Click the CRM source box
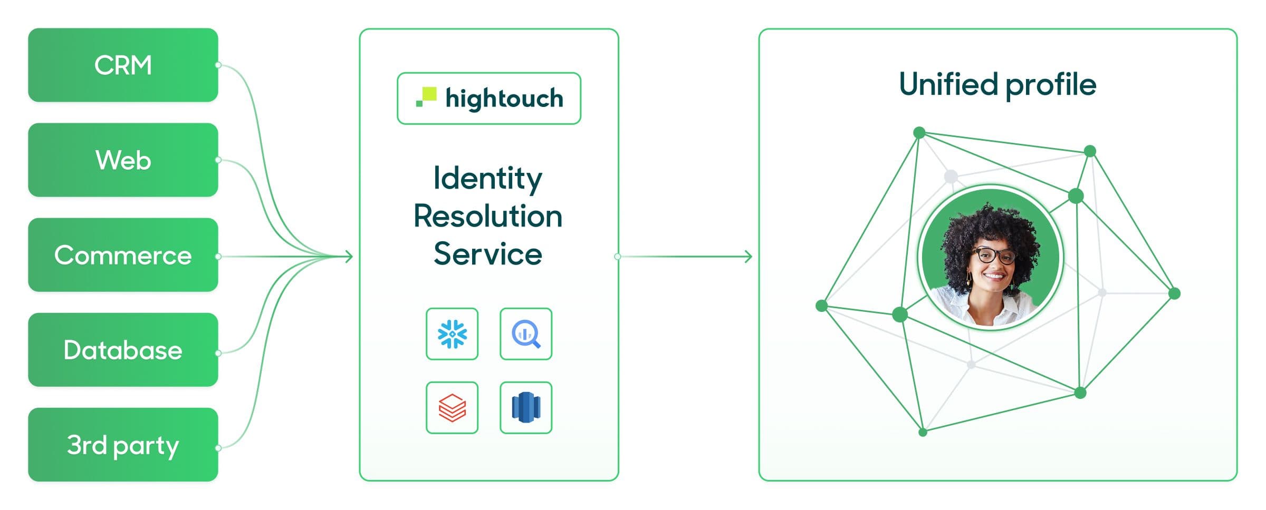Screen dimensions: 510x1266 123,65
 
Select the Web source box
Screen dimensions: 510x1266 123,160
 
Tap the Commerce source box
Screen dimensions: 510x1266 123,255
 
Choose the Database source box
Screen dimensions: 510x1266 123,350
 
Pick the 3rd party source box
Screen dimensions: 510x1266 123,445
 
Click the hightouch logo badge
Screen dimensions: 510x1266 489,99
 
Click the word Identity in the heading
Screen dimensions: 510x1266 487,178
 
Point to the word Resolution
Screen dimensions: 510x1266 488,216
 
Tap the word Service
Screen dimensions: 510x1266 488,254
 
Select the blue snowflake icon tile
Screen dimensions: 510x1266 452,334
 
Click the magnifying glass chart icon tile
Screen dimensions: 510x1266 526,334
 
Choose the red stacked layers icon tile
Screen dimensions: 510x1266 452,408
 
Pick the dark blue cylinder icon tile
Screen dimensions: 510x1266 526,408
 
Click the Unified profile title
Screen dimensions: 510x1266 998,84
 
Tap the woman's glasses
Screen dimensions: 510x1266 995,256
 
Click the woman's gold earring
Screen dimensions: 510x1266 969,278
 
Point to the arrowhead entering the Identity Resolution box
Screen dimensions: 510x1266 349,257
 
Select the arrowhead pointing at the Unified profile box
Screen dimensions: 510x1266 749,257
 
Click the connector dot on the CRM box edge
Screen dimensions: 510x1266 218,65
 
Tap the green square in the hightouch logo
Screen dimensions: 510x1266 429,94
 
